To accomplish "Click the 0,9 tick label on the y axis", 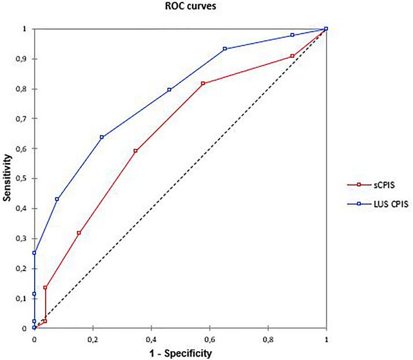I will click(24, 59).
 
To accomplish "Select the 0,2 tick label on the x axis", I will click(93, 338).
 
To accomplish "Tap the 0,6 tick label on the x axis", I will click(209, 338).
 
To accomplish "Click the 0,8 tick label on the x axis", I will click(268, 338).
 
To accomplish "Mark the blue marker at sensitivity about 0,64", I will click(102, 137).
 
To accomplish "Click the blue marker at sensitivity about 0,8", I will click(169, 90).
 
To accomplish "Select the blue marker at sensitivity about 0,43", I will click(57, 199).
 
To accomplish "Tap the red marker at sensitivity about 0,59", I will click(135, 151).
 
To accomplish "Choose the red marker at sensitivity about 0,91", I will click(293, 56).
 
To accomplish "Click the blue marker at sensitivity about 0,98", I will click(293, 35).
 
